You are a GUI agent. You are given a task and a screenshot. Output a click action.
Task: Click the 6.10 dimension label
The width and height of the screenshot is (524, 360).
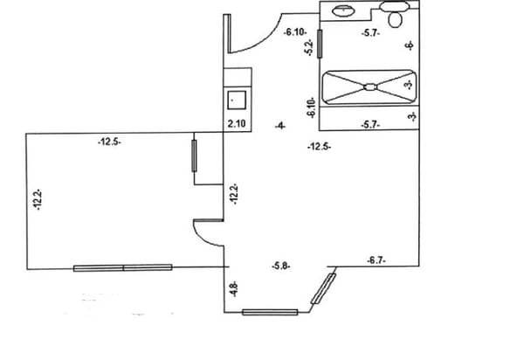click(x=295, y=32)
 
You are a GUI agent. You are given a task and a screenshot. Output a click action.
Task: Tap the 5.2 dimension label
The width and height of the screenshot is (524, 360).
click(x=309, y=47)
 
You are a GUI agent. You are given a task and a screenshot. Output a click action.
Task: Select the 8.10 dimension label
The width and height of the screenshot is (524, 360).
click(x=311, y=107)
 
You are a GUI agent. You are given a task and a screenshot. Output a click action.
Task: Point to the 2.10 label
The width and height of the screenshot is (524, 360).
click(x=237, y=124)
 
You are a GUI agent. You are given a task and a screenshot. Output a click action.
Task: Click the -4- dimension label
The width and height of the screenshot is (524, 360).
click(x=280, y=126)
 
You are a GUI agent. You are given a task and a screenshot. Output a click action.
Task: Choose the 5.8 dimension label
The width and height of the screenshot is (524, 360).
click(x=280, y=267)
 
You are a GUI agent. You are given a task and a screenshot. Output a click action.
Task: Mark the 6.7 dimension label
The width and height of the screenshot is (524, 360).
click(x=376, y=260)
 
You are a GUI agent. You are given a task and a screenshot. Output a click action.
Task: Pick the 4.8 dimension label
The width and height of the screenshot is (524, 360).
click(x=235, y=289)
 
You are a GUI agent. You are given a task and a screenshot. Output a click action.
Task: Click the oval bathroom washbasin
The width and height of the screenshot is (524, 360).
click(x=343, y=10)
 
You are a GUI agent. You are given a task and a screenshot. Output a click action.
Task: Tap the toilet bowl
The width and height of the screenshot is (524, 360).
click(x=395, y=19)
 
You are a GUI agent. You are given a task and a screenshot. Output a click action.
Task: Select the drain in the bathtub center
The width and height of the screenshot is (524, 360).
click(x=370, y=87)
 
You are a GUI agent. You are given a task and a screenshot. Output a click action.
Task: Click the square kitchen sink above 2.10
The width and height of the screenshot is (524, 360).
click(x=237, y=100)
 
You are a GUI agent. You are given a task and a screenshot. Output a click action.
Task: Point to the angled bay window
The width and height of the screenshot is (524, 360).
click(x=323, y=288)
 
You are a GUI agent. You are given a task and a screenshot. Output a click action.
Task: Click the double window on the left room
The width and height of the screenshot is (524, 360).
click(x=123, y=267)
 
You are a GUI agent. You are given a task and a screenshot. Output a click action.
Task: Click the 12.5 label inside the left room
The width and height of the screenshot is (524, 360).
click(x=110, y=142)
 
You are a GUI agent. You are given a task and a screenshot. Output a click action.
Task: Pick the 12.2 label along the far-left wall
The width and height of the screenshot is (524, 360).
click(x=38, y=199)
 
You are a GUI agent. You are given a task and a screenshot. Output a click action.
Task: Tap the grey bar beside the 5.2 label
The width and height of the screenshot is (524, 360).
click(x=320, y=44)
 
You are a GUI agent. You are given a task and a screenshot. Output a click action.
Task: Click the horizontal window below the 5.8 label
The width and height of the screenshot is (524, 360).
click(x=270, y=312)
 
